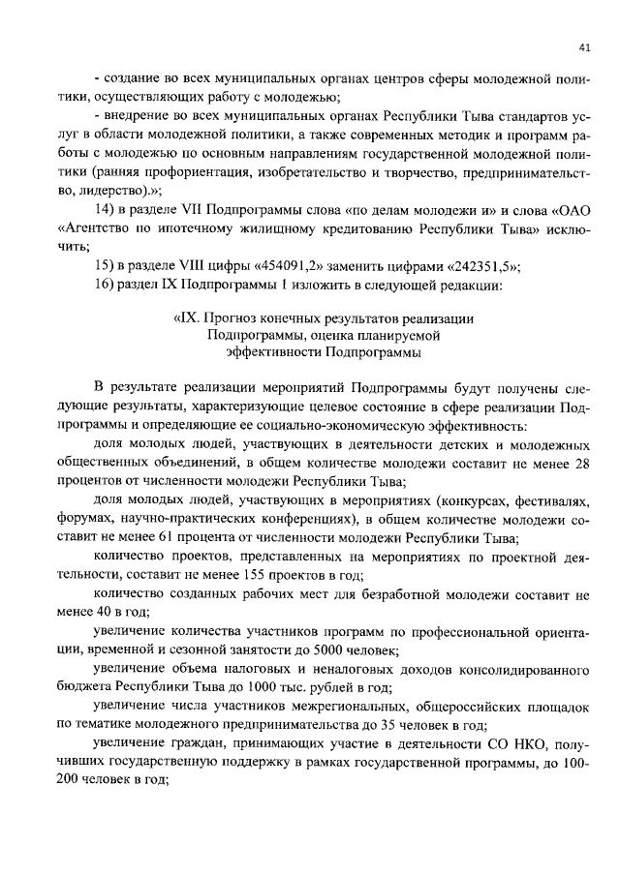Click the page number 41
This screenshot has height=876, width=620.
584,45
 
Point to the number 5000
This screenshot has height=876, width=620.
325,648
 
